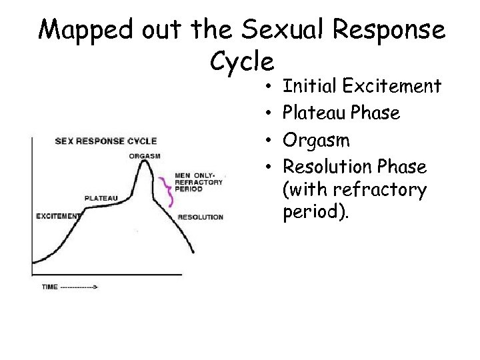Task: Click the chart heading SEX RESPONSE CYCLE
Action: tap(105, 141)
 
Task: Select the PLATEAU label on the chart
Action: tap(102, 198)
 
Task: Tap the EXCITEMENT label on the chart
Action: tap(58, 216)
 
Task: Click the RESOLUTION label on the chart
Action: tap(201, 217)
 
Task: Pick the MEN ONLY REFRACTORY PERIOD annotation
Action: tap(197, 182)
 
